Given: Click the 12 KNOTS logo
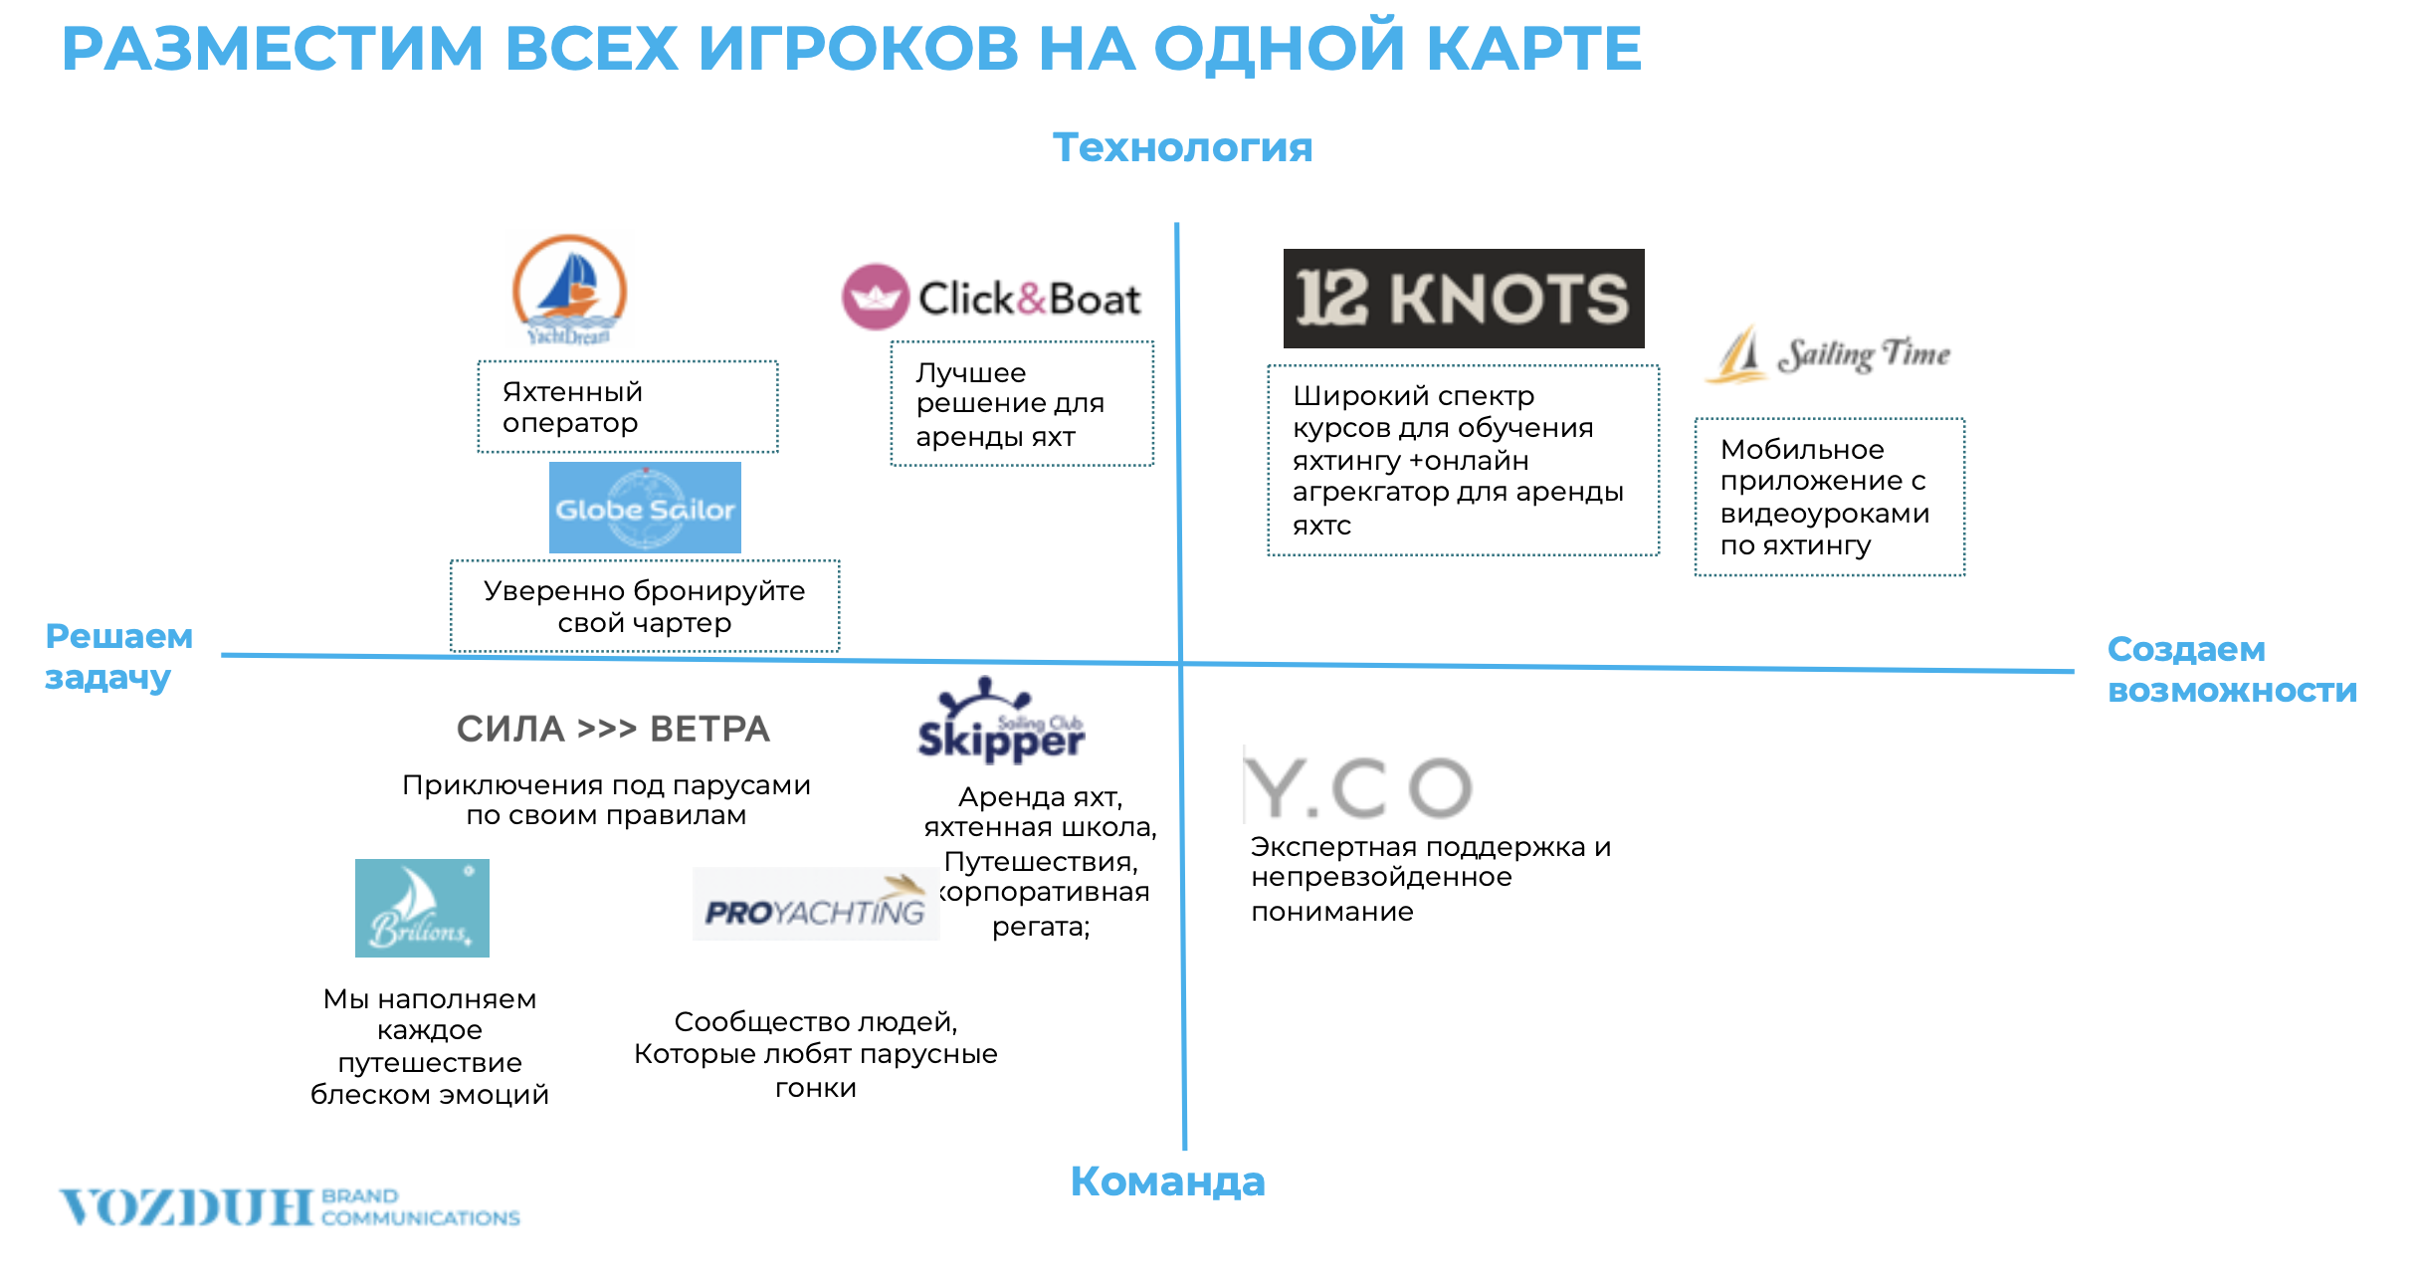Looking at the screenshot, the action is tap(1463, 299).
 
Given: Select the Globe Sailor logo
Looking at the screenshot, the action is tap(645, 508).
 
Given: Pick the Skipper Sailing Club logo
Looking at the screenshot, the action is tap(1001, 721).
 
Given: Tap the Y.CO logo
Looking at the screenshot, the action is tap(1358, 786).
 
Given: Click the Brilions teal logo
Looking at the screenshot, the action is tap(422, 908).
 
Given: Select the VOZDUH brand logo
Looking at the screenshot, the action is tap(290, 1207).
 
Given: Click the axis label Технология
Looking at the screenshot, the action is tap(1183, 147).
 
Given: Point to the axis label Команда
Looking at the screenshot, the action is tap(1167, 1181).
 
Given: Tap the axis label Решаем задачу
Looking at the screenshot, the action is tap(119, 656).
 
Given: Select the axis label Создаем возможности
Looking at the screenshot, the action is tap(2232, 669).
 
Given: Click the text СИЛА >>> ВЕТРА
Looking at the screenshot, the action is tap(613, 729).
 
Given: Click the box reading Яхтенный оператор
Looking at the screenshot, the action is tap(628, 407).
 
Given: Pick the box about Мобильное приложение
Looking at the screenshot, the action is tap(1830, 497).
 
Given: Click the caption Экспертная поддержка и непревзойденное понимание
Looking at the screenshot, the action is tap(1431, 879).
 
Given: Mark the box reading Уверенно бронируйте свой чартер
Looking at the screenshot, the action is tap(645, 606).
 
